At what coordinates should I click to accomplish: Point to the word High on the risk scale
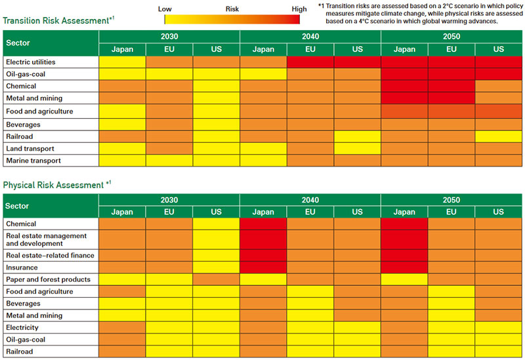(x=299, y=9)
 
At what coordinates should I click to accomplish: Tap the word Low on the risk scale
(x=165, y=9)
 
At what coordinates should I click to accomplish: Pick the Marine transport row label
(x=33, y=161)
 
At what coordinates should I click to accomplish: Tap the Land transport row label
(x=30, y=148)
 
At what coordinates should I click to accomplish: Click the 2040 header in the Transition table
(x=310, y=37)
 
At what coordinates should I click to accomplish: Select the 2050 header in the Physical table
(x=451, y=200)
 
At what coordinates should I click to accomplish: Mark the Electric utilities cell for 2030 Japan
(x=122, y=62)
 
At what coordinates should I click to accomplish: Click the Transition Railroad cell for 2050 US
(x=498, y=136)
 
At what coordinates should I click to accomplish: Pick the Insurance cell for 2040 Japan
(x=263, y=268)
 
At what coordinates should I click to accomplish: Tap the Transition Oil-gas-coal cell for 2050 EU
(x=451, y=74)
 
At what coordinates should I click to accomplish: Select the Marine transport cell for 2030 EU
(x=169, y=161)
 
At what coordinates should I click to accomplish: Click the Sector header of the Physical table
(x=18, y=206)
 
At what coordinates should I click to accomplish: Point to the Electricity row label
(x=22, y=327)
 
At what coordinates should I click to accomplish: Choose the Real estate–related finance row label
(x=50, y=255)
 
